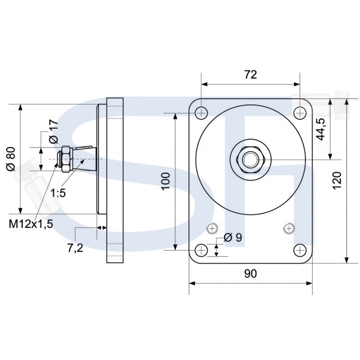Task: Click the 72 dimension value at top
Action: pos(250,74)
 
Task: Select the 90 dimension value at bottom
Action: pos(250,274)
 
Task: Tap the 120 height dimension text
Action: pos(337,181)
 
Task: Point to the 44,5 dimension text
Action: pos(321,129)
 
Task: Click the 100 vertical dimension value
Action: pos(166,181)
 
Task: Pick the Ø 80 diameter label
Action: pos(11,159)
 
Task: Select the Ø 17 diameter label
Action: pos(54,131)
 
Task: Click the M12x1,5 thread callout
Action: pos(31,224)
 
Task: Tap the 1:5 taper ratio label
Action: pos(58,193)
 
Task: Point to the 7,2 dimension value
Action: pos(76,248)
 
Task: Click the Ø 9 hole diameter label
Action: pos(233,238)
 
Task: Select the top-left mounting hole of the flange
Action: pos(202,113)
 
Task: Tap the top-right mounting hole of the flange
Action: pos(300,113)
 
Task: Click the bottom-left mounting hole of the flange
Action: pos(202,250)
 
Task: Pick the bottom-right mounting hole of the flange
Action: pos(300,250)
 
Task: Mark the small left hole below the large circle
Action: pos(212,228)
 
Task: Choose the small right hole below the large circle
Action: pos(289,228)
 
